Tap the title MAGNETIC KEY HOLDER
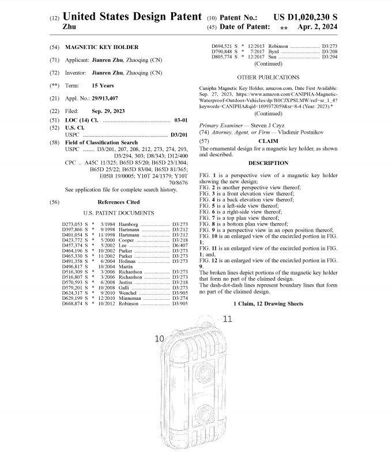click(x=101, y=47)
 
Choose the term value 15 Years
click(x=103, y=85)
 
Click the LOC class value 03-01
click(x=180, y=119)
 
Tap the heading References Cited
click(x=118, y=202)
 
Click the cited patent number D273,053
click(x=73, y=223)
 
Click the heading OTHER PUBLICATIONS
click(x=268, y=77)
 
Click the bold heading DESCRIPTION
click(x=268, y=163)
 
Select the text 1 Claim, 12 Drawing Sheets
click(x=268, y=303)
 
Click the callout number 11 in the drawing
click(x=227, y=318)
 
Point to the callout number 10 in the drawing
click(x=160, y=339)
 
